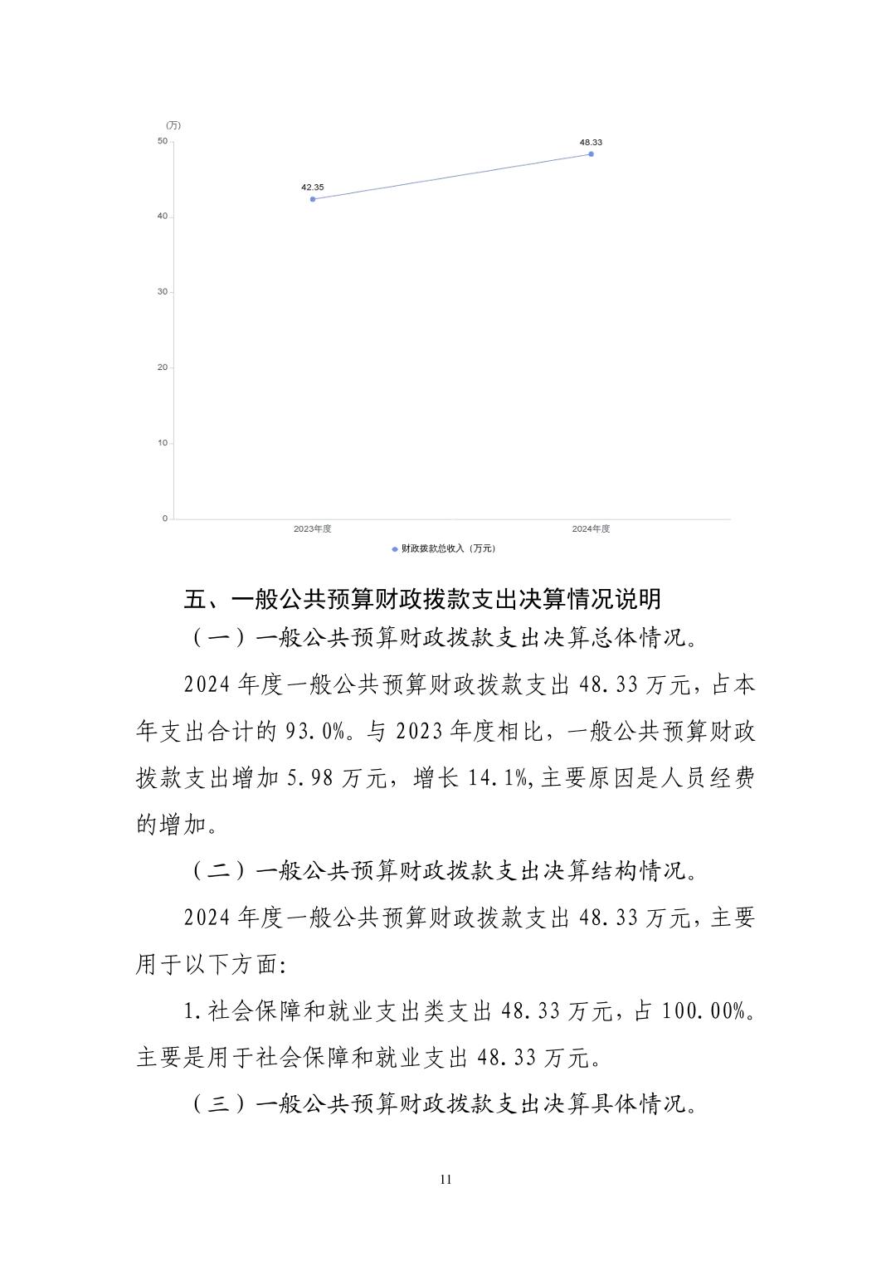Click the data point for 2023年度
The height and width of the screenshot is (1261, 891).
[313, 199]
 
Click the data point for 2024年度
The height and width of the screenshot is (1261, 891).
[591, 154]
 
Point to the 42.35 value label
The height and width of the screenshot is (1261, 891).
[313, 187]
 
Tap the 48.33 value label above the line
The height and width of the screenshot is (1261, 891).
[591, 143]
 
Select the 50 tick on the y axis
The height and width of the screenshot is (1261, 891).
[163, 141]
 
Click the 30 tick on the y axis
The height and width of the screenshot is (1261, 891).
[163, 292]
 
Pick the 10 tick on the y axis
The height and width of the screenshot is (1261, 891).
[163, 443]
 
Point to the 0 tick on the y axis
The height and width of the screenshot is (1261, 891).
[165, 519]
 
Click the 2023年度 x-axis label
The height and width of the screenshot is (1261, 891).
[313, 529]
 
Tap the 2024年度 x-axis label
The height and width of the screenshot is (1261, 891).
[591, 529]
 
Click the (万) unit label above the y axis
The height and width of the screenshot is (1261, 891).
[173, 125]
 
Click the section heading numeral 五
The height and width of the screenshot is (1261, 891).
[194, 599]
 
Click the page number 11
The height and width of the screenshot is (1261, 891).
[445, 1180]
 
